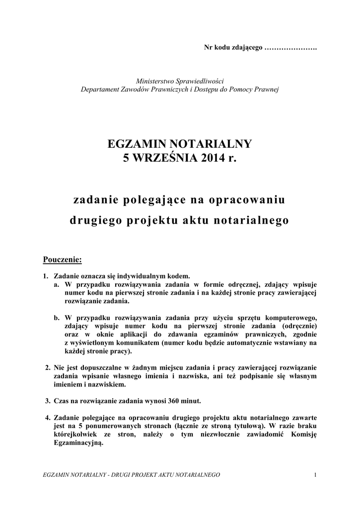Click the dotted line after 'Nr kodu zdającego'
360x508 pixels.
[x=291, y=48]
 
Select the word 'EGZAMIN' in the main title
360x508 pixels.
[x=137, y=144]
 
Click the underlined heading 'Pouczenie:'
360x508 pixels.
[x=63, y=259]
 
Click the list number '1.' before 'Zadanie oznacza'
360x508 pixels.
[x=46, y=276]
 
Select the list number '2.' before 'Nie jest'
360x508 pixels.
[x=48, y=368]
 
